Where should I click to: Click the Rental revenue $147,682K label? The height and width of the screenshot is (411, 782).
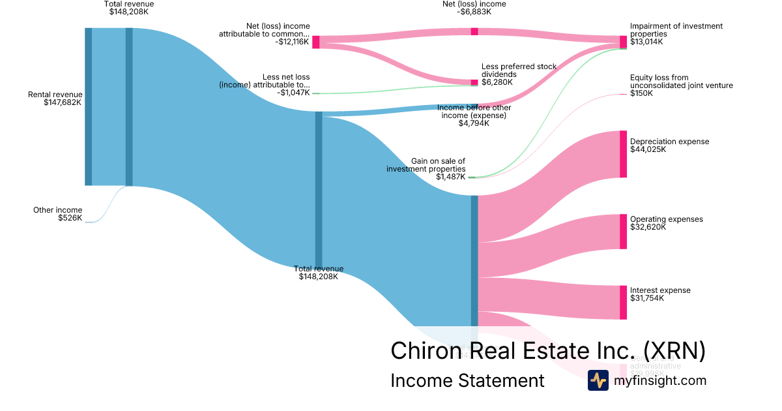(55, 99)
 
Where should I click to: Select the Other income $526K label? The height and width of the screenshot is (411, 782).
(58, 214)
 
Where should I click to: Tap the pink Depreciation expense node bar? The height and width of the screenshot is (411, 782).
(623, 154)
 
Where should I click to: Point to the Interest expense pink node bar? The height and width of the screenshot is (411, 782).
(623, 302)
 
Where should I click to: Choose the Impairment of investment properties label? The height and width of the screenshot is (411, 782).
(667, 34)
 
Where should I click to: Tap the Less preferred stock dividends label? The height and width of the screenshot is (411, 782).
(518, 74)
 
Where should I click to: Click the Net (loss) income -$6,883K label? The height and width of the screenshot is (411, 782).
(473, 8)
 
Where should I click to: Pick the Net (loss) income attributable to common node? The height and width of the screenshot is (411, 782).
(316, 42)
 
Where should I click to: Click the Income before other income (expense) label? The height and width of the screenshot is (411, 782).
(474, 115)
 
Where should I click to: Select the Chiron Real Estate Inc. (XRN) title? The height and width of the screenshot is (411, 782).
(547, 351)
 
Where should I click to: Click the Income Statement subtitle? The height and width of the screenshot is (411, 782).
(467, 380)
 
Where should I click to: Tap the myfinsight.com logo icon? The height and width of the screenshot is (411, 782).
(598, 380)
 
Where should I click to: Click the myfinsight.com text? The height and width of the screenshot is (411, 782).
(659, 380)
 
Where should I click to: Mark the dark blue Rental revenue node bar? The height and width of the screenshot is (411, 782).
(88, 106)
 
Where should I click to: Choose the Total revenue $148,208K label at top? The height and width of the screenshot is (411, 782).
(129, 8)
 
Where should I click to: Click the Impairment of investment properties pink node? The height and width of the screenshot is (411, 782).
(623, 42)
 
